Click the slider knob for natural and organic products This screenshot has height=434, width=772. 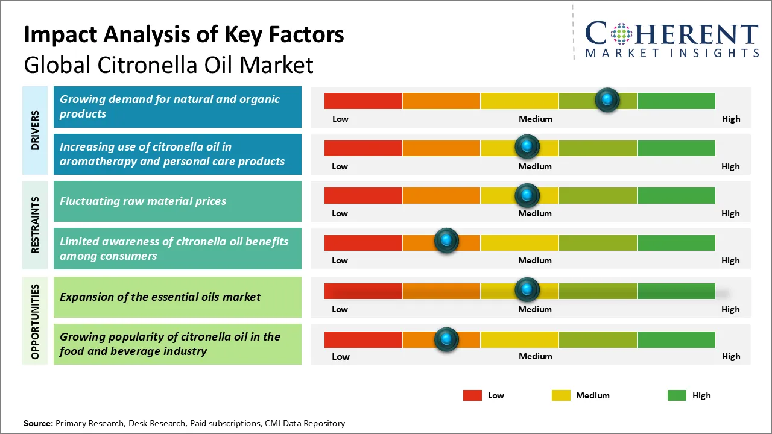click(x=607, y=99)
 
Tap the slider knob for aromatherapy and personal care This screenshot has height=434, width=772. click(x=527, y=146)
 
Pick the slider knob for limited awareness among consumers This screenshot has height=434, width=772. click(x=446, y=241)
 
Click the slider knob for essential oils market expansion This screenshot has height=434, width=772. click(x=527, y=290)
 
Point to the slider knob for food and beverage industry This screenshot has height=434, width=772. click(x=446, y=339)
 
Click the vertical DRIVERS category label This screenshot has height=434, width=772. click(x=35, y=130)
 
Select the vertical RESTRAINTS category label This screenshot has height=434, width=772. click(x=35, y=224)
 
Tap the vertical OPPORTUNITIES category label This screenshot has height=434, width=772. click(x=35, y=321)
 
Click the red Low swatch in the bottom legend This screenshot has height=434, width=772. click(x=472, y=395)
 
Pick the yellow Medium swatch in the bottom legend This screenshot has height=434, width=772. click(x=561, y=395)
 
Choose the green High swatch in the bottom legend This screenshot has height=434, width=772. click(x=677, y=395)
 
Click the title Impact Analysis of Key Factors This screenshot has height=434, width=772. click(x=184, y=35)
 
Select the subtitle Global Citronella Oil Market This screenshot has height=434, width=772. click(x=169, y=64)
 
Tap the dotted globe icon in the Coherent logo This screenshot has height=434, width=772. click(x=620, y=33)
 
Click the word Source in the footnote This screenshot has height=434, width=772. click(x=38, y=423)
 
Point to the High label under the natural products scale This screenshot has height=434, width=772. click(x=731, y=119)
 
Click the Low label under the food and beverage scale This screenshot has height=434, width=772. click(x=341, y=356)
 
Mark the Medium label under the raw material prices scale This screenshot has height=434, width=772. click(x=535, y=213)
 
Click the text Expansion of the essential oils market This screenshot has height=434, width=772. click(x=160, y=297)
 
